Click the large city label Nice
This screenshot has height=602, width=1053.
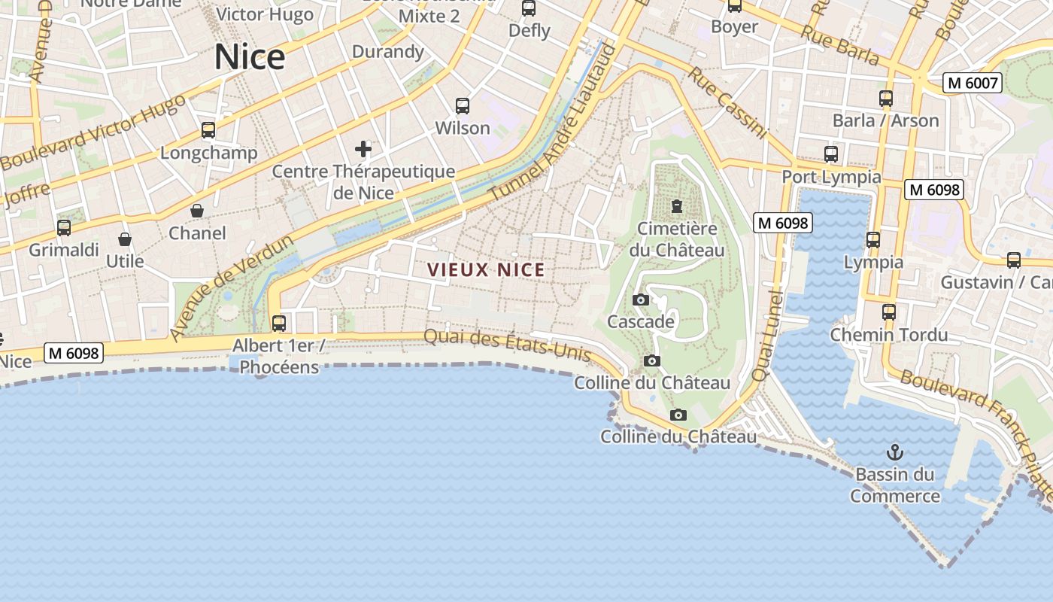250,57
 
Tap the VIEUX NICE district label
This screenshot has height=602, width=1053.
486,269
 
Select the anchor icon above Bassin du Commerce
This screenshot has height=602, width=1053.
894,452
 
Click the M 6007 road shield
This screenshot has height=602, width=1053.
973,83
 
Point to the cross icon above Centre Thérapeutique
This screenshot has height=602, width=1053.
363,149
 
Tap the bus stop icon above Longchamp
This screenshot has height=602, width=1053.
208,130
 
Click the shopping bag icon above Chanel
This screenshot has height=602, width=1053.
197,211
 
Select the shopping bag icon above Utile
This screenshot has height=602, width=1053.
125,239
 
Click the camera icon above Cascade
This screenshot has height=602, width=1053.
641,299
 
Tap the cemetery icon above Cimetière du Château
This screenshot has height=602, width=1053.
677,206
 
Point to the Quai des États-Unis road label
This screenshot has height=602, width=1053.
517,347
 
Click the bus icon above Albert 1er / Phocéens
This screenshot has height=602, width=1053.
279,324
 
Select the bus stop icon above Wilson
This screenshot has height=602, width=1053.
463,106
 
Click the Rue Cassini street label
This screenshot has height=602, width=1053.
727,103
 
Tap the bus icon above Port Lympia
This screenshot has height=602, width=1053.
831,154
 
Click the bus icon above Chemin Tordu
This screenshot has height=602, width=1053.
889,312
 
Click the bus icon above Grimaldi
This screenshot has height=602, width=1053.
64,227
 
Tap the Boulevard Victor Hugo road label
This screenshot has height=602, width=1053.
93,133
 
